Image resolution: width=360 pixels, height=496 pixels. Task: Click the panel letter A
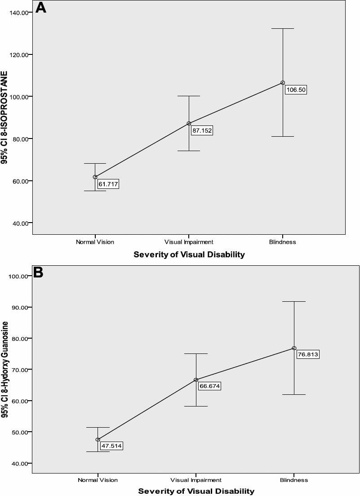tap(42, 9)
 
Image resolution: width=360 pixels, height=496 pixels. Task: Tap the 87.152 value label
tap(202, 131)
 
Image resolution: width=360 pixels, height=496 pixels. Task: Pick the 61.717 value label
tap(108, 184)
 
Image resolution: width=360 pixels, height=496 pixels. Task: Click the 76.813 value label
tap(308, 354)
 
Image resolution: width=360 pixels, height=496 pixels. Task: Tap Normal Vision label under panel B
tap(98, 480)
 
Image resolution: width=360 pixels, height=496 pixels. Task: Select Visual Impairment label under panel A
tap(189, 242)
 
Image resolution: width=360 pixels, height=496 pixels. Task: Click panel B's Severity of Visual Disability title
tap(196, 491)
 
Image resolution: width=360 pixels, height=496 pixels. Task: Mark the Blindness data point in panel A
tap(283, 83)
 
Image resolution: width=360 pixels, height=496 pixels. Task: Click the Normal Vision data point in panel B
tap(98, 439)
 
